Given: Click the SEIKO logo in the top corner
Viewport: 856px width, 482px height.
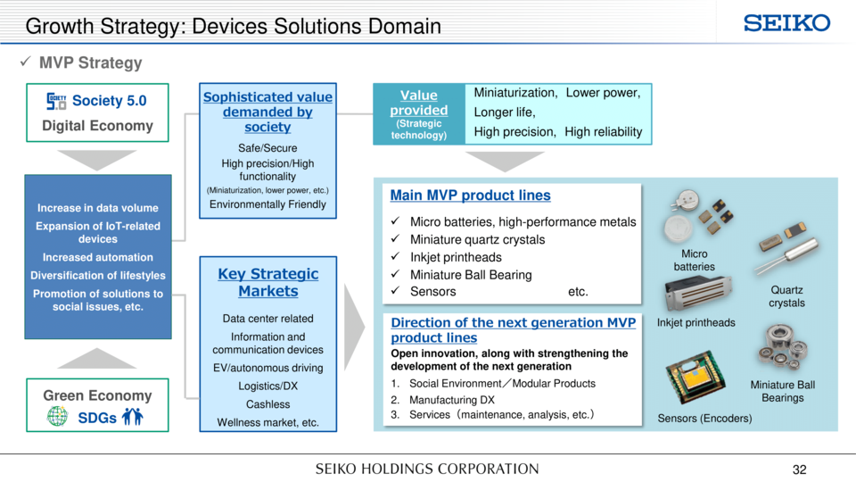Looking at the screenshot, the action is pyautogui.click(x=786, y=23).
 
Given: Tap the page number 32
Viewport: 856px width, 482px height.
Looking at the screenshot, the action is pyautogui.click(x=799, y=470).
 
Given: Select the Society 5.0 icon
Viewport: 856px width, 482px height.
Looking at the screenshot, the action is pyautogui.click(x=56, y=101).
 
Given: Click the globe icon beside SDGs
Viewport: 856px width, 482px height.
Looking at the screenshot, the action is pyautogui.click(x=57, y=417).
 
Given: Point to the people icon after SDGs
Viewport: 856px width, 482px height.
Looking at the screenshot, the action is pyautogui.click(x=132, y=417).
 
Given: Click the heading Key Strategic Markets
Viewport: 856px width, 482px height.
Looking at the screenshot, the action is pyautogui.click(x=268, y=282).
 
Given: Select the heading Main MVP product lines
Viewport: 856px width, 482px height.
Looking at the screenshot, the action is pyautogui.click(x=470, y=195).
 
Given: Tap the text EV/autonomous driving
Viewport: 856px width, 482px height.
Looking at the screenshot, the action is pyautogui.click(x=268, y=368).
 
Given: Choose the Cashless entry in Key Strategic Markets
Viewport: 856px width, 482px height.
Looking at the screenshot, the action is pyautogui.click(x=268, y=403).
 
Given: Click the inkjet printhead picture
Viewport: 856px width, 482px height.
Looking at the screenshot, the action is pyautogui.click(x=697, y=294).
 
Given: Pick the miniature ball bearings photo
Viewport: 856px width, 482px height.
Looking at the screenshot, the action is pyautogui.click(x=782, y=347).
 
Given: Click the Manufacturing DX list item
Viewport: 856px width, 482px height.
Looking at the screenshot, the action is pyautogui.click(x=443, y=400).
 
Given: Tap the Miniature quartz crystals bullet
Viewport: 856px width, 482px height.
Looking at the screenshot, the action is pyautogui.click(x=477, y=239).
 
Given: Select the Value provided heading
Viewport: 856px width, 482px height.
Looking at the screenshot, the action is pyautogui.click(x=419, y=102).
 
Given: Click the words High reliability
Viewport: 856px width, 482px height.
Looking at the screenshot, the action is pyautogui.click(x=604, y=132).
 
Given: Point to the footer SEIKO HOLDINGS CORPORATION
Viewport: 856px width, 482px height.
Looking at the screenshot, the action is pyautogui.click(x=427, y=469).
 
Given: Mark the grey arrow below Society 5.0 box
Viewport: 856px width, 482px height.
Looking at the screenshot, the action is pyautogui.click(x=96, y=160).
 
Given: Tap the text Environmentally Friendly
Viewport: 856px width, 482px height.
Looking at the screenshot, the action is pyautogui.click(x=267, y=204).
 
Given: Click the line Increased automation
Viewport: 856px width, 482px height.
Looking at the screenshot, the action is pyautogui.click(x=98, y=257).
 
